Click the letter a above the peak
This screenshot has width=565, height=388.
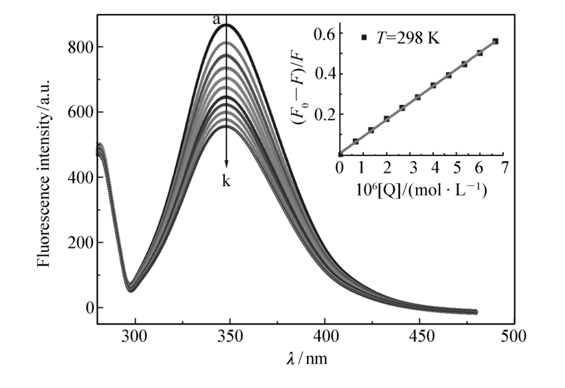pyautogui.click(x=216, y=21)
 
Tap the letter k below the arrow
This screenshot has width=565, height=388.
pyautogui.click(x=227, y=180)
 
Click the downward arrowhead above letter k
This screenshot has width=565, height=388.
pyautogui.click(x=227, y=164)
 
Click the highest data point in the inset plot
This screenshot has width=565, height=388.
pyautogui.click(x=495, y=41)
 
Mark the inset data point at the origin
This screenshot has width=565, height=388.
pyautogui.click(x=340, y=154)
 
